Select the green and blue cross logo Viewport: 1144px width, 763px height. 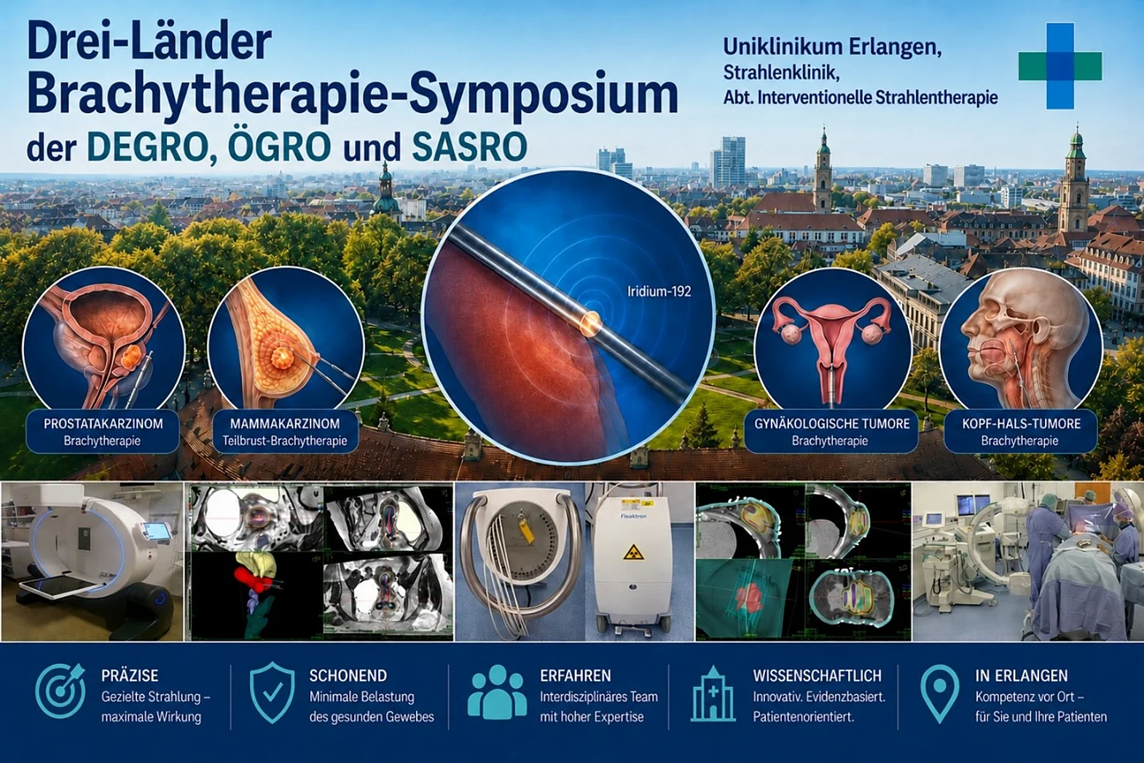(1060, 66)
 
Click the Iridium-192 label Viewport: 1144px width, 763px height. (659, 291)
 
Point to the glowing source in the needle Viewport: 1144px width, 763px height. (590, 322)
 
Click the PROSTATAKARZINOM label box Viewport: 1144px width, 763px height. (103, 431)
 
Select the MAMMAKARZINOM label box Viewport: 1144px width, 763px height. (285, 431)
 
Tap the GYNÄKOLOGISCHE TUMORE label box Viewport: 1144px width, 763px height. (831, 431)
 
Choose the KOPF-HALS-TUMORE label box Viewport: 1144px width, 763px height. (1021, 431)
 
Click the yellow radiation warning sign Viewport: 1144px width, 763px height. (633, 552)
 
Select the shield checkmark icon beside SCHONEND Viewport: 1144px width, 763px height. (273, 692)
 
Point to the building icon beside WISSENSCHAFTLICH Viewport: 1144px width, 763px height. (713, 694)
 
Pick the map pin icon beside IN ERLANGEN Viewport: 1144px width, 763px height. (940, 693)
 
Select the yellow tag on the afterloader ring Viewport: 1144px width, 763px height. (526, 531)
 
